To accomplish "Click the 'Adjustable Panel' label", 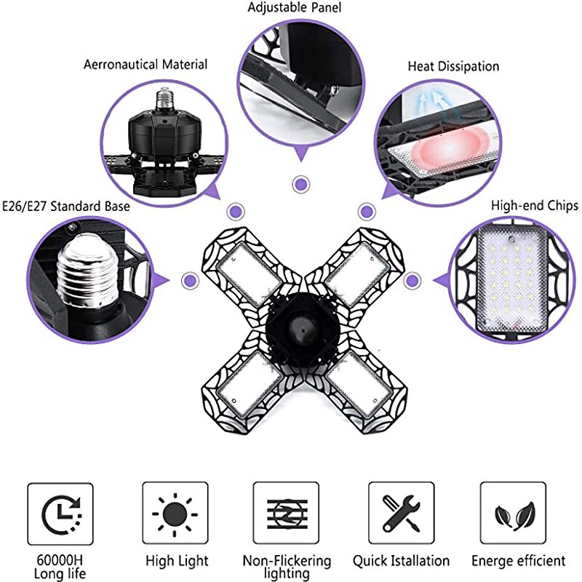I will click(x=294, y=8).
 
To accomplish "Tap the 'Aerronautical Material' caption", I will click(x=145, y=65).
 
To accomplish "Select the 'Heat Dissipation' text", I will click(x=453, y=66).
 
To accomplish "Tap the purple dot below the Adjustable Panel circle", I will click(x=298, y=184).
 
